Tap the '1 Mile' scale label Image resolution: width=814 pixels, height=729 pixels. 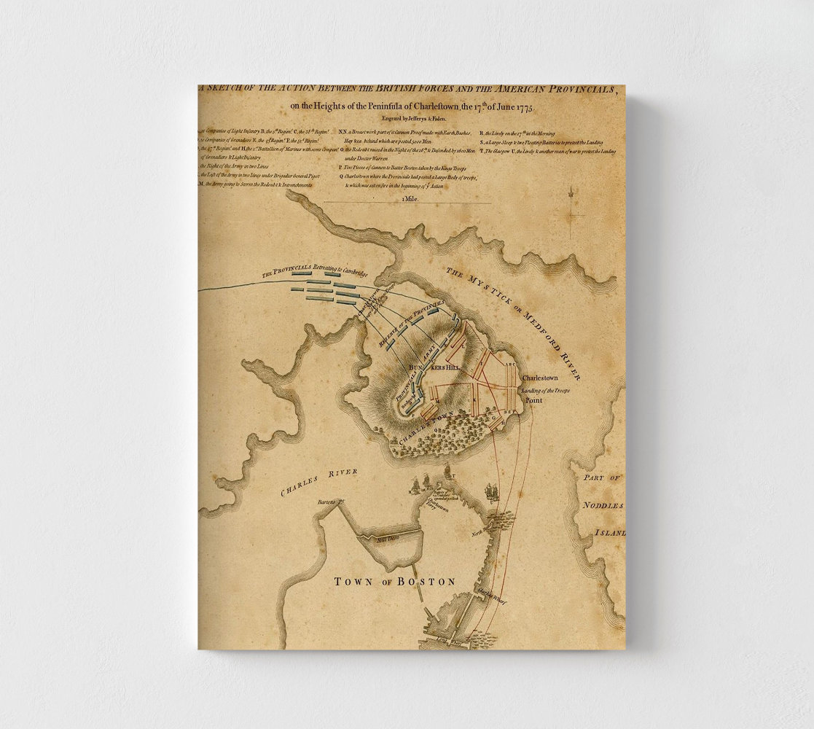408,198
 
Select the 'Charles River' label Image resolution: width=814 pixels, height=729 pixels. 319,483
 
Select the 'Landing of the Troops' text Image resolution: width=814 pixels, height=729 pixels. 545,391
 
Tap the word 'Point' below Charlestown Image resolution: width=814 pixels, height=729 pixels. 535,401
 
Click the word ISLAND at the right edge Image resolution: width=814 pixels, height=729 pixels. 610,532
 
